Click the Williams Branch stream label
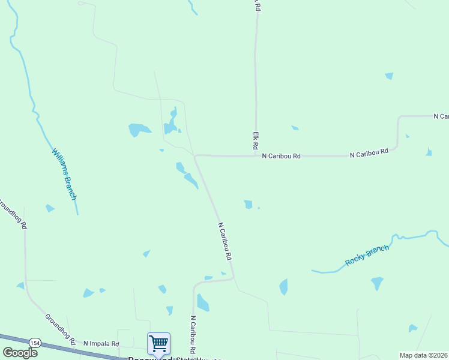(x=64, y=174)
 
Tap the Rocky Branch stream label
(x=367, y=256)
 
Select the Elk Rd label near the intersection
(x=255, y=142)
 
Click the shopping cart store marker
(x=158, y=344)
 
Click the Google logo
(x=20, y=352)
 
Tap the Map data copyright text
(x=424, y=355)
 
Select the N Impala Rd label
(x=101, y=343)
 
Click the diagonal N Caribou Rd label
(x=225, y=241)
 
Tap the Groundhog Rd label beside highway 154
(x=61, y=329)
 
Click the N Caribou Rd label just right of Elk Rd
(x=281, y=155)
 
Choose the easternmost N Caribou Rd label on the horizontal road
(x=369, y=154)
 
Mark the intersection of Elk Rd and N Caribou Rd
(x=256, y=155)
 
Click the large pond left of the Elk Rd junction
(x=139, y=129)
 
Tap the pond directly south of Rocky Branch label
(x=376, y=282)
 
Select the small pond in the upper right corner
(x=389, y=76)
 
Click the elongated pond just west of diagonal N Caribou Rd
(x=191, y=179)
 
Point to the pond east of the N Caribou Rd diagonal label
(x=249, y=204)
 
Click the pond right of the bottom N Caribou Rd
(x=203, y=303)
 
